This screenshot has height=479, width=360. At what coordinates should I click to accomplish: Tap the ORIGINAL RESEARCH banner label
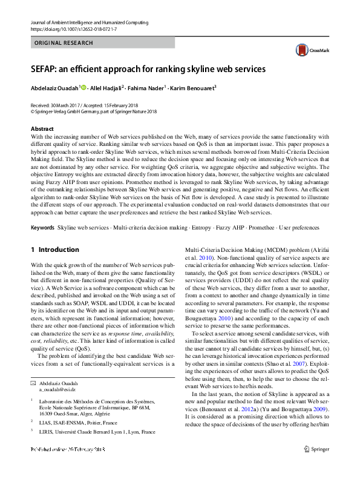[x=64, y=43]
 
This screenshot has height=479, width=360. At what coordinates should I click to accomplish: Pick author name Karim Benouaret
[x=192, y=88]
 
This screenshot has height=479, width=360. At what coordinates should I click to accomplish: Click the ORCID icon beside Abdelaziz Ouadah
[x=83, y=88]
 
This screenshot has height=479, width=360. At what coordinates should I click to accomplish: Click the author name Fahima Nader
[x=145, y=88]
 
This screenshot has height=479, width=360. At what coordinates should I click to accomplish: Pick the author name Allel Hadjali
[x=105, y=88]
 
